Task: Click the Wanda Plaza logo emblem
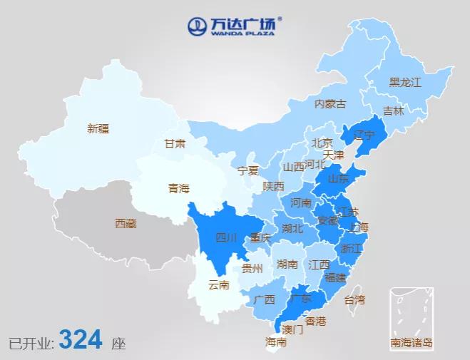(197, 26)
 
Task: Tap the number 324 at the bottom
(81, 340)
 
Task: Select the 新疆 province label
(98, 129)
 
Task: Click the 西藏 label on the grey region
(126, 223)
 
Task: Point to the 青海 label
(179, 188)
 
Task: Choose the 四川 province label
(226, 237)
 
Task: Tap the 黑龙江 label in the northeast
(405, 82)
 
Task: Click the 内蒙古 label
(330, 104)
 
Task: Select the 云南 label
(218, 285)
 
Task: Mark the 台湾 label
(354, 299)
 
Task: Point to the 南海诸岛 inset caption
(411, 343)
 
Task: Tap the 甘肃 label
(175, 143)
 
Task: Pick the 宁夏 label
(248, 170)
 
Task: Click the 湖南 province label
(287, 264)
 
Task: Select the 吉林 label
(393, 111)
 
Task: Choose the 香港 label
(315, 321)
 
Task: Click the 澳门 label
(292, 330)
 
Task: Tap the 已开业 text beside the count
(31, 343)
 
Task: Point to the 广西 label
(264, 299)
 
